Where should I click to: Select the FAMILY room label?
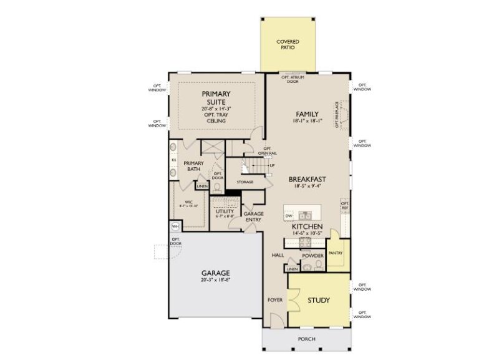(x=307, y=114)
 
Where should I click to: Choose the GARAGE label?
(x=215, y=273)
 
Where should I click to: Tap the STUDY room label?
(x=318, y=300)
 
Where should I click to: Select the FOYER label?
(x=275, y=300)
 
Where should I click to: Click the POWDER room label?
(x=312, y=256)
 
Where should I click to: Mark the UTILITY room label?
(x=225, y=211)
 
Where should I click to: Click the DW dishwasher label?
(x=289, y=216)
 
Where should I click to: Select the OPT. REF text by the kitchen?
(x=344, y=206)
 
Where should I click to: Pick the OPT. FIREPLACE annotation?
(x=336, y=114)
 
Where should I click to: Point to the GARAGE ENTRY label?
(x=253, y=216)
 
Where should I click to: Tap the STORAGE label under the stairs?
(x=245, y=182)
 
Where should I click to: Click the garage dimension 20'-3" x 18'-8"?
(x=215, y=281)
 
